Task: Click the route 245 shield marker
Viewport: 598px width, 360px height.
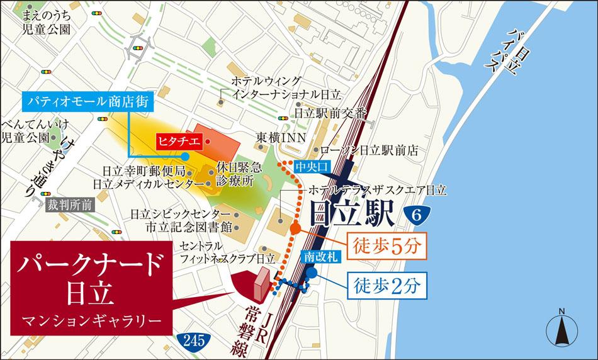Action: click(195, 340)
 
